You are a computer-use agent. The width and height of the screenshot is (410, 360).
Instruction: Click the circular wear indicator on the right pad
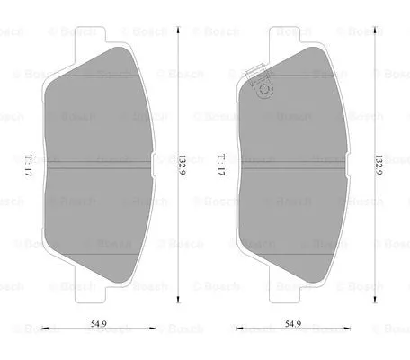pos(265,89)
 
